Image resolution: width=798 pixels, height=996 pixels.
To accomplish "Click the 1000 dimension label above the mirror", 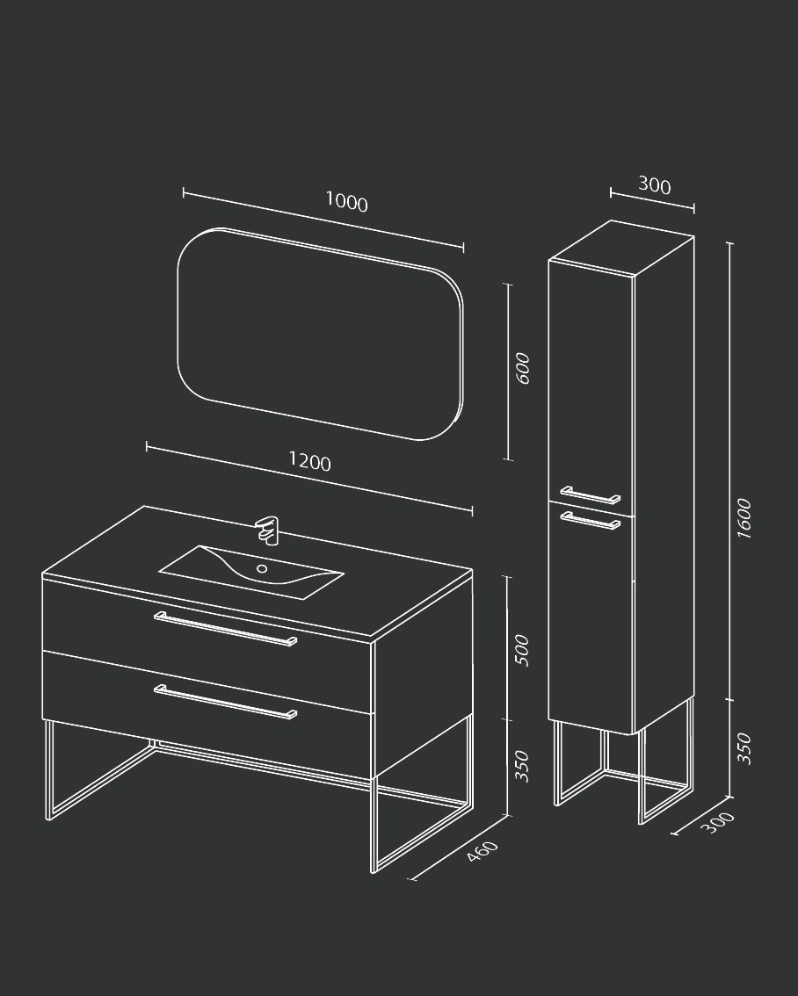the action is click(x=347, y=201).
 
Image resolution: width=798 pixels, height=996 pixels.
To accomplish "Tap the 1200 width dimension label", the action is click(x=310, y=460).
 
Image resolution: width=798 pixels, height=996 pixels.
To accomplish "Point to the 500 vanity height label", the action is click(x=521, y=650).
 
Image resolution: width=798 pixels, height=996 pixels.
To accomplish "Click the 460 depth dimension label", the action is click(x=482, y=851).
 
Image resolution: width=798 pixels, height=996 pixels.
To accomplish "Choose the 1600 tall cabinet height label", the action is click(x=744, y=518).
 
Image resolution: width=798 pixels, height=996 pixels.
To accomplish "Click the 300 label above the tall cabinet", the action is click(x=655, y=184).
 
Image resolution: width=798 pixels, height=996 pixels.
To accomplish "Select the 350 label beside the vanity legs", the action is click(x=521, y=765).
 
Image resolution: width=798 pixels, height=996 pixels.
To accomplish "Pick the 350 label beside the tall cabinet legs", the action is click(x=744, y=748).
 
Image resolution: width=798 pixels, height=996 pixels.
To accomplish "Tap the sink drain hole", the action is click(x=262, y=568).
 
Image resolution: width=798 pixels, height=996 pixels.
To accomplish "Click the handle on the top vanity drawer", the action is click(x=226, y=629).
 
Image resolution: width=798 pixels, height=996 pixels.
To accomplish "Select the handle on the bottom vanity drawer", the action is click(x=226, y=702).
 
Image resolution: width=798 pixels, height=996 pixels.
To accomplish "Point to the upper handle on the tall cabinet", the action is click(x=591, y=494).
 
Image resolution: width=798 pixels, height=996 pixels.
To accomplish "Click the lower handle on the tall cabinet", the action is click(x=591, y=520).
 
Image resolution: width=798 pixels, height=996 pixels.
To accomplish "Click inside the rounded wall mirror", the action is click(x=320, y=334).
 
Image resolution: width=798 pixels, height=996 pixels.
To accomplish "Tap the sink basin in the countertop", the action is click(x=251, y=571).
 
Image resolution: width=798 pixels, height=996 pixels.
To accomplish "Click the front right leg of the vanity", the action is click(x=374, y=825).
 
